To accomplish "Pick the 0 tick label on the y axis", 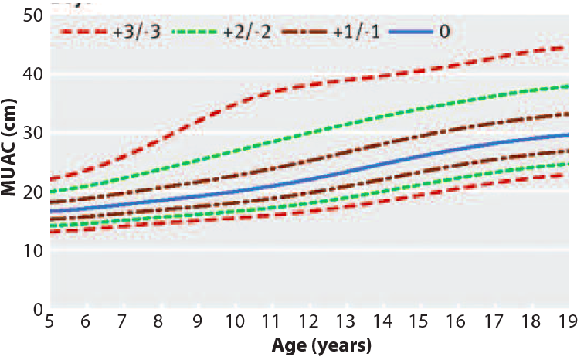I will (x=35, y=310).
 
